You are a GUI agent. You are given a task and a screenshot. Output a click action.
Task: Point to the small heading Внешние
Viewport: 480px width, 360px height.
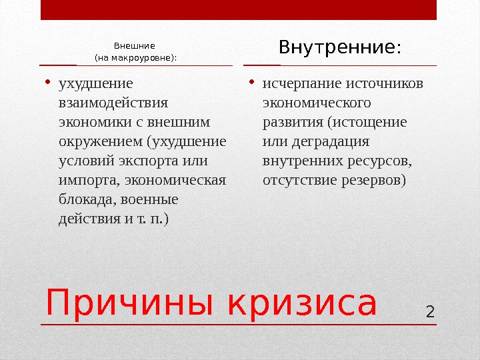tap(135, 46)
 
